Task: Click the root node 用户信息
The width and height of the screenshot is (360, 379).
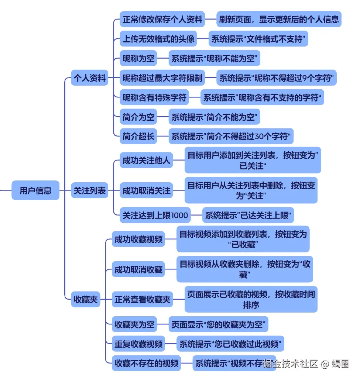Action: [35, 190]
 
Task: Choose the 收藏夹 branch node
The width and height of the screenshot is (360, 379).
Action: [86, 299]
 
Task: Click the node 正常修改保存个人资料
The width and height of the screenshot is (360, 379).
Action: [162, 19]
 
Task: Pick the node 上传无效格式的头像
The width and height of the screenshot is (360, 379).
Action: [158, 39]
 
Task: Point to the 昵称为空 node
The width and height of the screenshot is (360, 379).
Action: [138, 58]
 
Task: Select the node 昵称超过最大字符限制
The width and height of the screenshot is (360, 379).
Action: [162, 78]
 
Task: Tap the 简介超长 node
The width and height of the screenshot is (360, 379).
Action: [138, 137]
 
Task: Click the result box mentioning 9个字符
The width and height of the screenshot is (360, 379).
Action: [277, 78]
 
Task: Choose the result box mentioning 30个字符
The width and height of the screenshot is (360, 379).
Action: [231, 137]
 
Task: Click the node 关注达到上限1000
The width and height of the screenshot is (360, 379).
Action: [155, 215]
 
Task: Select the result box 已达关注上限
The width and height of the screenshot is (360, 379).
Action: [248, 215]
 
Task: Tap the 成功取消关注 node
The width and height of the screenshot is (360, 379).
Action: [147, 190]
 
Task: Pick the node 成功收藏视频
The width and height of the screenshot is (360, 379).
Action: [138, 239]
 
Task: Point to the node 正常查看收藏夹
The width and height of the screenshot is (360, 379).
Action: [143, 299]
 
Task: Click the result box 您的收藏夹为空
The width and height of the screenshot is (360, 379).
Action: [219, 325]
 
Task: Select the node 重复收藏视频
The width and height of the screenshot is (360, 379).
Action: [138, 344]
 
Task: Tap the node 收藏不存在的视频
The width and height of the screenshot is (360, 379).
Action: [147, 364]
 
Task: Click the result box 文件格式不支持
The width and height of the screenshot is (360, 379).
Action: [258, 39]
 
